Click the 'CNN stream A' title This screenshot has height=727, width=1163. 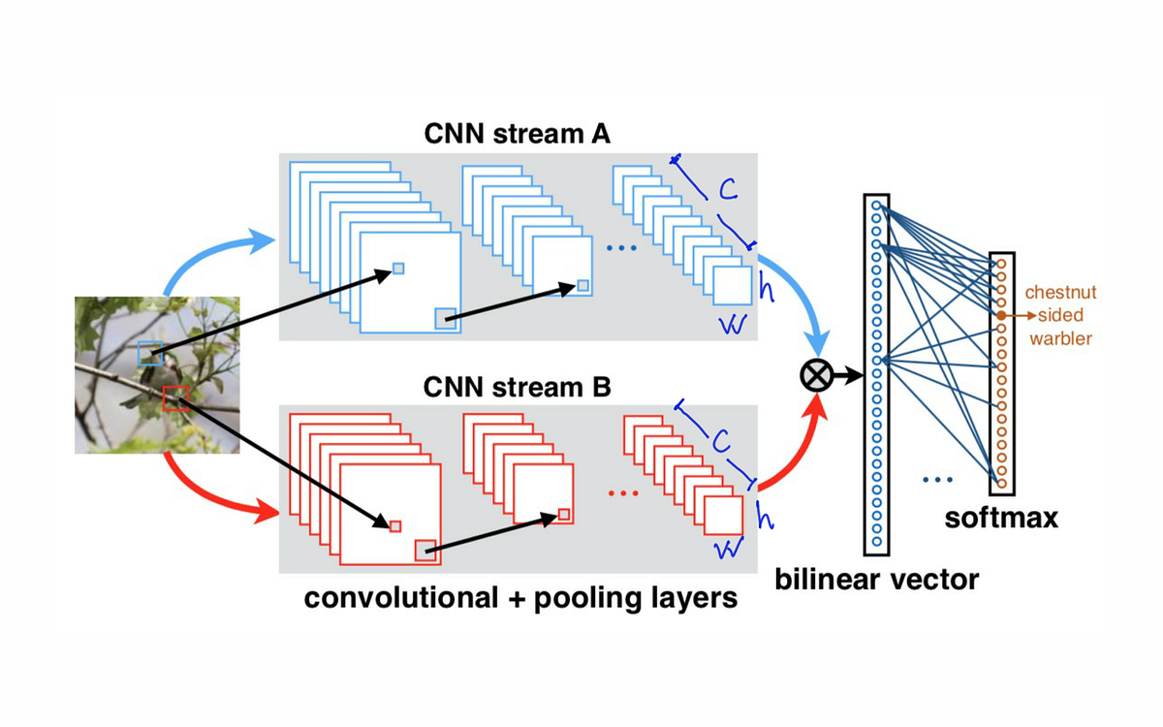click(517, 134)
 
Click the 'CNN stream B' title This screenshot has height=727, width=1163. click(517, 388)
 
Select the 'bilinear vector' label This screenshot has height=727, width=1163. click(876, 580)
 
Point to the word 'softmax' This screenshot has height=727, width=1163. click(1001, 518)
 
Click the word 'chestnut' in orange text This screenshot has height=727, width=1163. click(1061, 292)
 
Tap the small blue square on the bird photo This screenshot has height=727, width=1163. click(150, 352)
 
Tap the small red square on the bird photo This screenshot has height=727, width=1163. click(175, 397)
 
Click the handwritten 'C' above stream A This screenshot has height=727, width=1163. click(727, 191)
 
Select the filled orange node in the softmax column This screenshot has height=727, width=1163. click(1001, 315)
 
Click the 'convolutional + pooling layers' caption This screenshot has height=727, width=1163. click(520, 596)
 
